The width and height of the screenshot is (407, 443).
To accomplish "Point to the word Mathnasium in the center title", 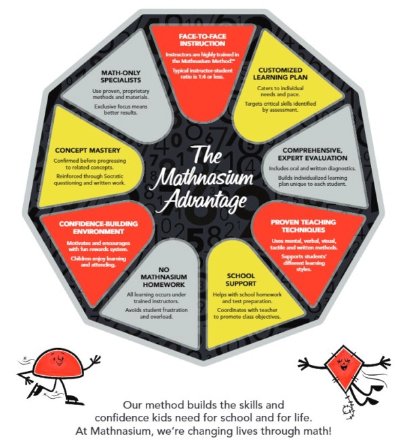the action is click(x=203, y=178).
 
